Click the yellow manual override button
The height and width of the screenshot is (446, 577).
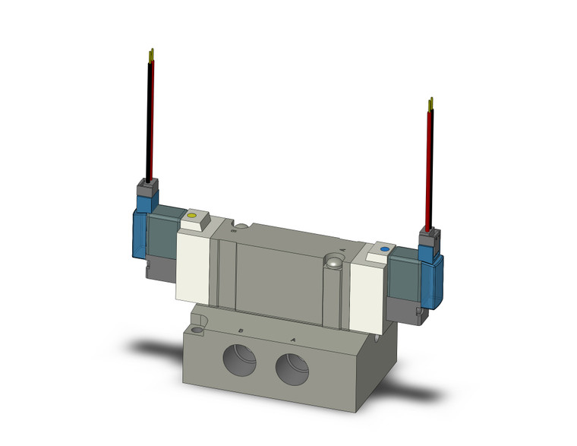tap(192, 217)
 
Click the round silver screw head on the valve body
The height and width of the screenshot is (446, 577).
tap(332, 263)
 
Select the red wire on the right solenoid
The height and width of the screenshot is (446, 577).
tap(430, 167)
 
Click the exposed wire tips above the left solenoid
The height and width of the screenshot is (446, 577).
tap(152, 55)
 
